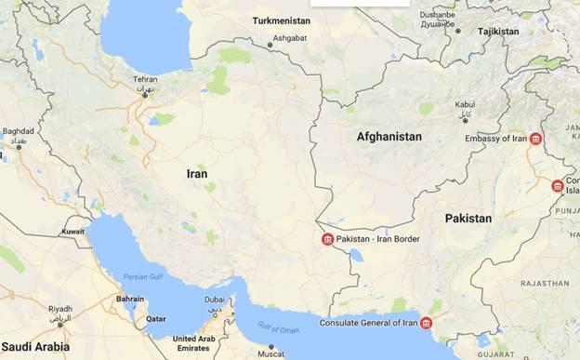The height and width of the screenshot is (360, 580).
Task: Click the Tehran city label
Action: click(x=145, y=79)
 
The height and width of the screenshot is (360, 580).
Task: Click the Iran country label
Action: click(x=197, y=174)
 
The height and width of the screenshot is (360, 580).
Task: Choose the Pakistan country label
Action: click(x=468, y=218)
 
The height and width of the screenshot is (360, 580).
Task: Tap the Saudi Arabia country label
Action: click(x=34, y=347)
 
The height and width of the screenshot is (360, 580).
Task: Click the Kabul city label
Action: click(x=465, y=105)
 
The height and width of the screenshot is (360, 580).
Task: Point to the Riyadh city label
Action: click(x=60, y=309)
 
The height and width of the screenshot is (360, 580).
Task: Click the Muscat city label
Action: click(x=270, y=353)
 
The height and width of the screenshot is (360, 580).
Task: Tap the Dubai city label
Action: click(x=215, y=300)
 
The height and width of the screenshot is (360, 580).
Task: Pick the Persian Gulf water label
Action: click(x=143, y=277)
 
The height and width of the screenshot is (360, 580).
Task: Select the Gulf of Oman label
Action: click(x=278, y=327)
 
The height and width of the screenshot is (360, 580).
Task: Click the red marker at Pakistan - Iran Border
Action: click(x=327, y=240)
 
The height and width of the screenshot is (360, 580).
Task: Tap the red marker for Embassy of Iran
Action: click(x=535, y=139)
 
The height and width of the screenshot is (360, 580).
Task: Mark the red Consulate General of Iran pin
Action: click(x=426, y=324)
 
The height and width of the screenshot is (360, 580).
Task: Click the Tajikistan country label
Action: click(x=498, y=32)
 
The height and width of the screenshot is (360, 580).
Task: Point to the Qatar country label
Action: click(x=155, y=317)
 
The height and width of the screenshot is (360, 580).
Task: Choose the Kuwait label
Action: click(x=72, y=231)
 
